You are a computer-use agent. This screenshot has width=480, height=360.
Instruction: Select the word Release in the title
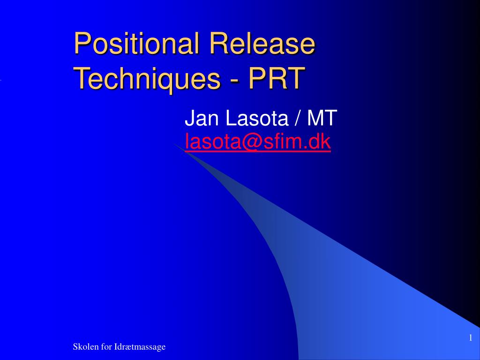(x=262, y=45)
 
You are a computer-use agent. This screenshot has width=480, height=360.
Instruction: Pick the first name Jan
(x=203, y=119)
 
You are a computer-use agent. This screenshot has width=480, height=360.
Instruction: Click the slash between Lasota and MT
(x=298, y=119)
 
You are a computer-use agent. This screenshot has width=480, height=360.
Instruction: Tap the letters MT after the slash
(x=322, y=119)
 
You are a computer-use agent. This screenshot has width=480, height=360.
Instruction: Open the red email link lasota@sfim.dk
(x=258, y=141)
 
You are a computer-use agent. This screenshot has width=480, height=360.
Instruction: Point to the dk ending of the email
(x=321, y=141)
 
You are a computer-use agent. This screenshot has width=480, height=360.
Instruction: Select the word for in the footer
(x=106, y=347)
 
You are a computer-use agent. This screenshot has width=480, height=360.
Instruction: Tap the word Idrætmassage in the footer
(x=140, y=347)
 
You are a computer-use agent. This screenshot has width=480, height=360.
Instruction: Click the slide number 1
(x=469, y=338)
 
